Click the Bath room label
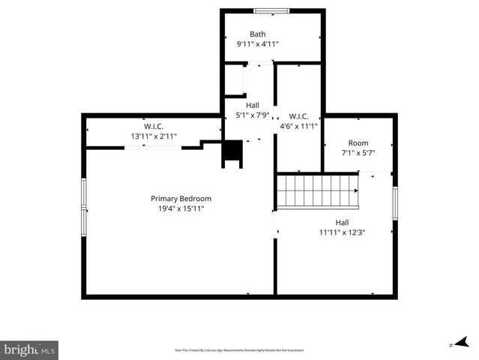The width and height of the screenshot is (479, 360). tap(258, 34)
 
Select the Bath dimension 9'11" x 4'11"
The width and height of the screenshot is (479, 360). tap(258, 44)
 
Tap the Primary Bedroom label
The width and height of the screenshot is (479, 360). tap(181, 199)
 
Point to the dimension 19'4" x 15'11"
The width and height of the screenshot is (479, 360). tap(181, 208)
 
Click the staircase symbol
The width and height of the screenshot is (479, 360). tap(317, 191)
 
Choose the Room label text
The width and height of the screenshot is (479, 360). tap(358, 143)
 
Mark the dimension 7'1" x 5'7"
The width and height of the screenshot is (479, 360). tap(358, 153)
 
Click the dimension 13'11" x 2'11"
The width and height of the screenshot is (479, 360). tap(154, 136)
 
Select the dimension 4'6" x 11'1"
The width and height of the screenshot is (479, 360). tap(299, 127)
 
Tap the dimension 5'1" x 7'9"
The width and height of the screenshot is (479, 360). tap(253, 115)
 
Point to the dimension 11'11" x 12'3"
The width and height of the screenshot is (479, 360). tap(342, 232)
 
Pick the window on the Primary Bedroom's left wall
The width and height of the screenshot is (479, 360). tap(84, 204)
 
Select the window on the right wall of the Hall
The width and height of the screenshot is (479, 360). tap(394, 204)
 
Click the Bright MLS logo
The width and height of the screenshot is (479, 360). tap(30, 349)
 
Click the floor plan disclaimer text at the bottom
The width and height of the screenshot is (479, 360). tap(239, 350)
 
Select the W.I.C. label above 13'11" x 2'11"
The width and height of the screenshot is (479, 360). tap(154, 126)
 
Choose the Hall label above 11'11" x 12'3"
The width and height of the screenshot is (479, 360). tap(342, 222)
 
